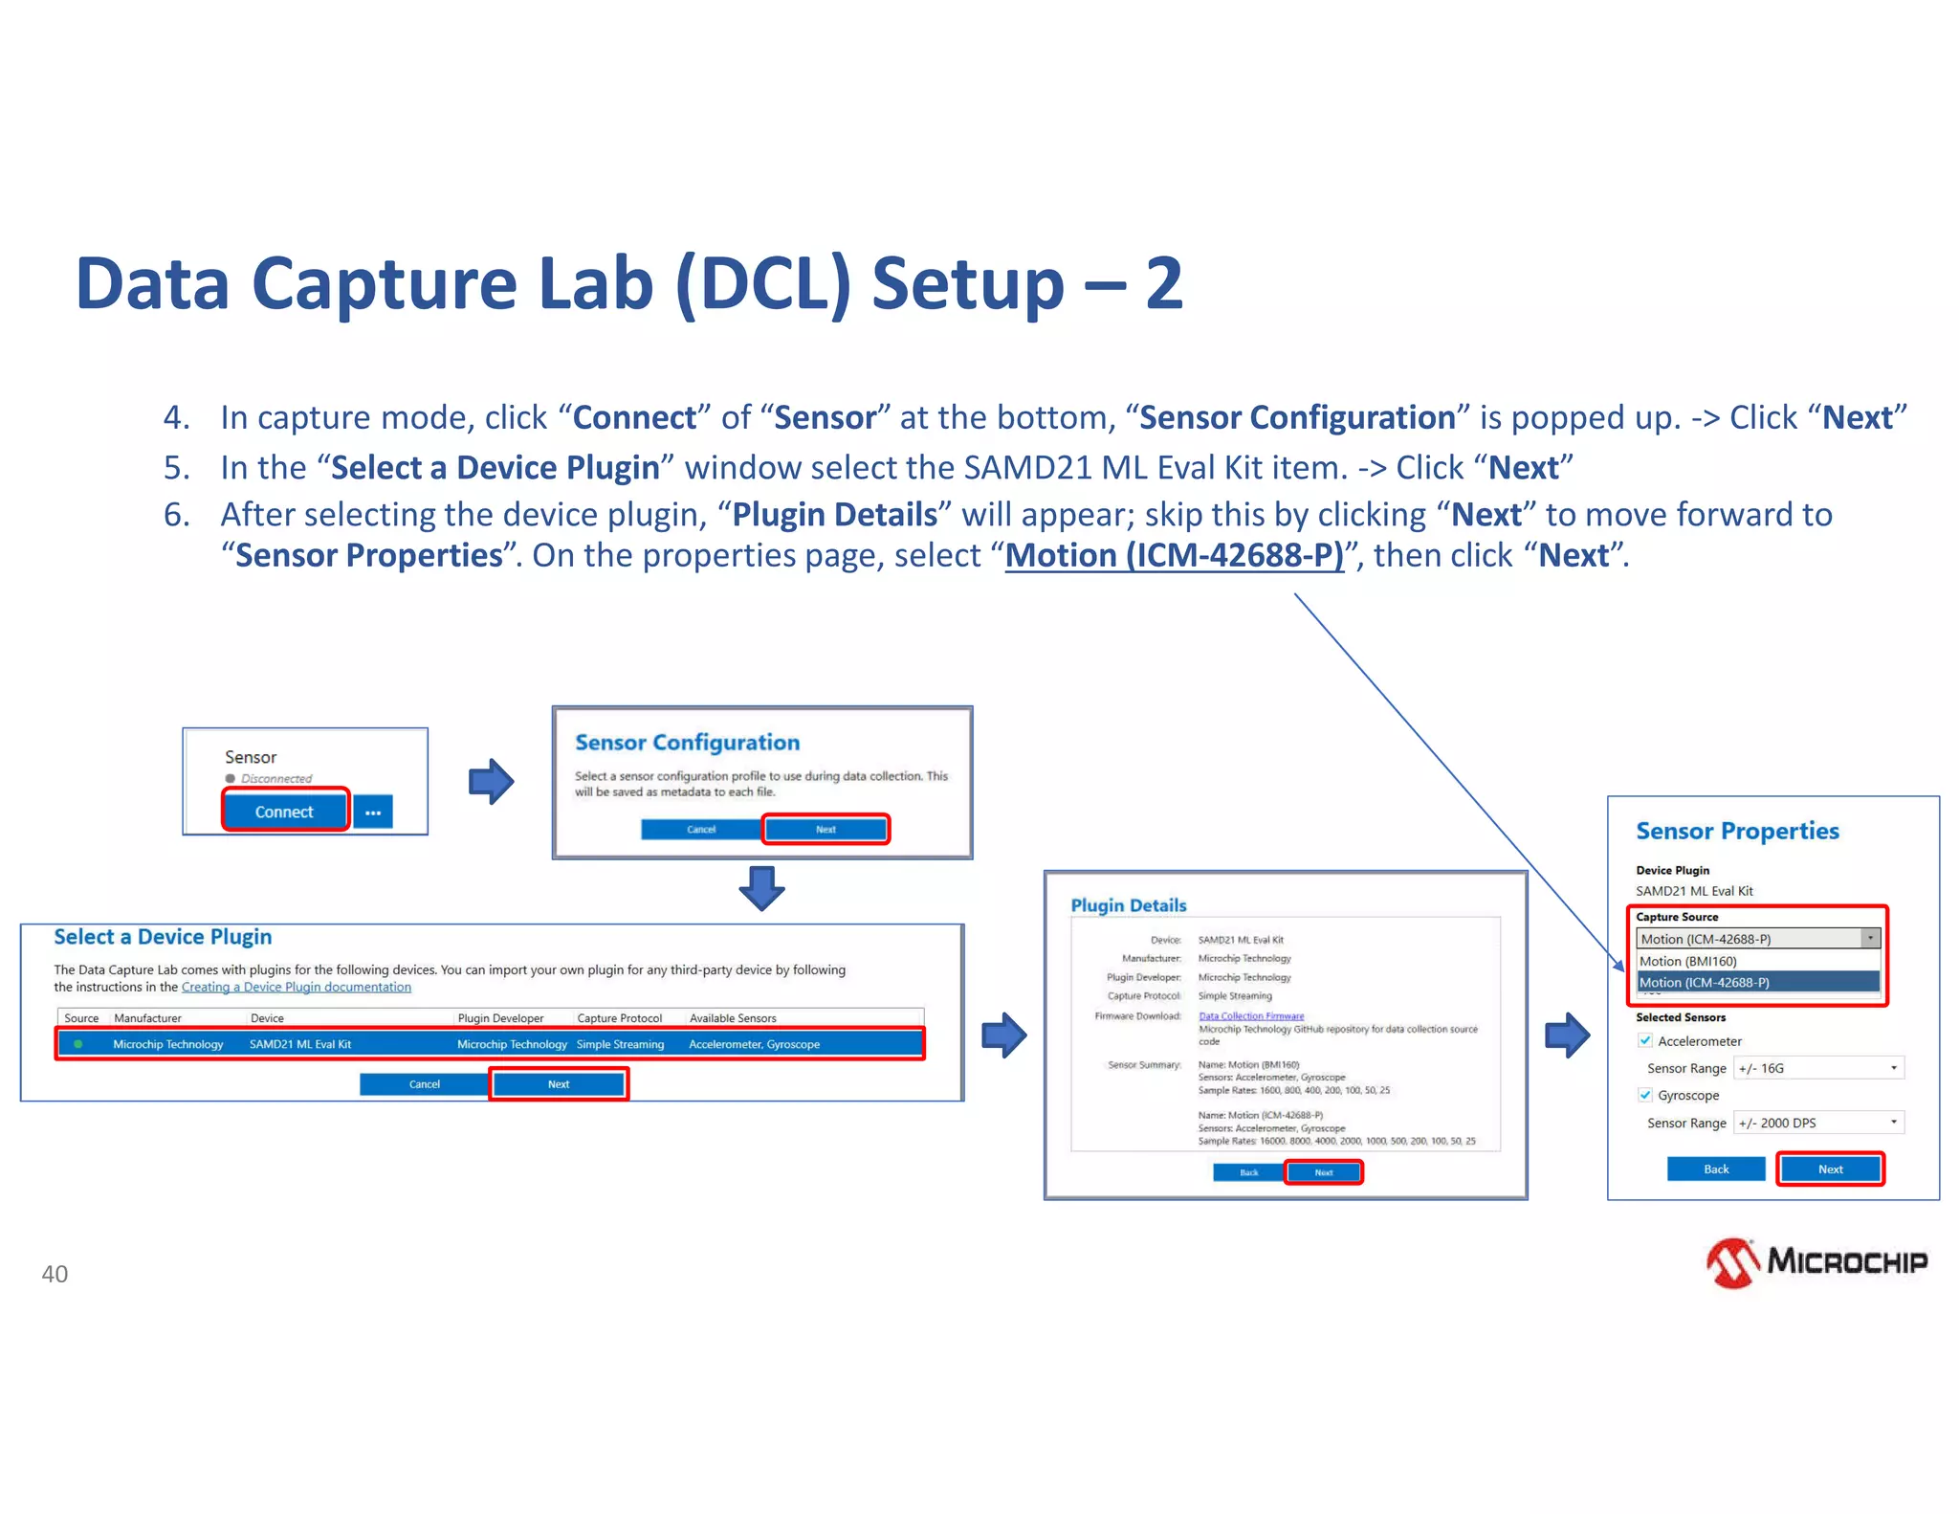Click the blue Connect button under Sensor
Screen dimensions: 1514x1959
pyautogui.click(x=284, y=812)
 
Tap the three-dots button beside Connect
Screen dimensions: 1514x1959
pyautogui.click(x=373, y=813)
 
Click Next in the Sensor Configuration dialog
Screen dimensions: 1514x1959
pyautogui.click(x=825, y=830)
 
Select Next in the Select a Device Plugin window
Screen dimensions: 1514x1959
pyautogui.click(x=559, y=1084)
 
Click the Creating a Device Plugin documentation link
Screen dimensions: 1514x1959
pyautogui.click(x=297, y=987)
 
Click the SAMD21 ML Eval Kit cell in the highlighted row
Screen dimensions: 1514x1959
pyautogui.click(x=300, y=1044)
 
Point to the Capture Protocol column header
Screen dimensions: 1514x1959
pyautogui.click(x=619, y=1018)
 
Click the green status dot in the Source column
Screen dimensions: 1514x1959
pyautogui.click(x=78, y=1044)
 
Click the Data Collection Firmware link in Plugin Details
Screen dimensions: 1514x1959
pyautogui.click(x=1251, y=1016)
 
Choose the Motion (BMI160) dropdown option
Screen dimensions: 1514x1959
pyautogui.click(x=1688, y=961)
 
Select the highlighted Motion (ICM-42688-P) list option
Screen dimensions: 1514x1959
pyautogui.click(x=1705, y=982)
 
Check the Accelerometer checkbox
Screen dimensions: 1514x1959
pyautogui.click(x=1645, y=1040)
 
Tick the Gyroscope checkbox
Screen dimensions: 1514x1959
pyautogui.click(x=1645, y=1095)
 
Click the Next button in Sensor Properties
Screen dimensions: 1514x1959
pyautogui.click(x=1830, y=1169)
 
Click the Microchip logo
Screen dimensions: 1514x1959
pyautogui.click(x=1816, y=1263)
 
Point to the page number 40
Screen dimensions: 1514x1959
pyautogui.click(x=55, y=1274)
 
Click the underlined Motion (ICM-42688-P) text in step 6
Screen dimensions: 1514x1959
pyautogui.click(x=1175, y=555)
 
